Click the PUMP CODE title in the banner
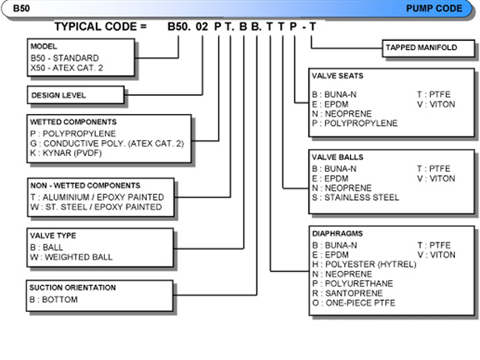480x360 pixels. pyautogui.click(x=434, y=8)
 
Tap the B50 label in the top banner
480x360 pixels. pyautogui.click(x=22, y=8)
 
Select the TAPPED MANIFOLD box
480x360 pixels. pyautogui.click(x=428, y=48)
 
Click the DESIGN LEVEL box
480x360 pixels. pyautogui.click(x=76, y=95)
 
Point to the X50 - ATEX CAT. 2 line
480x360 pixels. pyautogui.click(x=67, y=67)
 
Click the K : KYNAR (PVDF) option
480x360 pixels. pyautogui.click(x=66, y=152)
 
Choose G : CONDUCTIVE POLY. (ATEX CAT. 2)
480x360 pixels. pyautogui.click(x=107, y=143)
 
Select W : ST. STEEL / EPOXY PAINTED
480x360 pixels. pyautogui.click(x=96, y=207)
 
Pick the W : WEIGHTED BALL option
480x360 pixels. pyautogui.click(x=72, y=257)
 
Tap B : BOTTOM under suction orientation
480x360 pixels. pyautogui.click(x=53, y=299)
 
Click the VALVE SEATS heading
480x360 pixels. pyautogui.click(x=337, y=76)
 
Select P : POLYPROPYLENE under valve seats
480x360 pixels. pyautogui.click(x=355, y=123)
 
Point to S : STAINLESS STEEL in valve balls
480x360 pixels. pyautogui.click(x=356, y=197)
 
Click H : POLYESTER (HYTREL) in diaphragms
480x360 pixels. pyautogui.click(x=364, y=264)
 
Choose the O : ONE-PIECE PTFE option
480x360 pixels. pyautogui.click(x=354, y=302)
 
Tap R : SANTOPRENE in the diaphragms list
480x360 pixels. pyautogui.click(x=347, y=293)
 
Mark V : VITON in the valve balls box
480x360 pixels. pyautogui.click(x=436, y=178)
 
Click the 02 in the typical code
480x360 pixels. pyautogui.click(x=202, y=27)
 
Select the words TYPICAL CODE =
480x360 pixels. pyautogui.click(x=101, y=27)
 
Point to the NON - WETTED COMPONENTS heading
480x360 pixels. pyautogui.click(x=85, y=186)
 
